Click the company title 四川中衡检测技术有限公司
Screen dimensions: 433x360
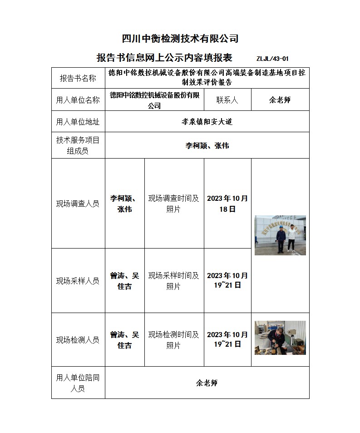pyautogui.click(x=180, y=39)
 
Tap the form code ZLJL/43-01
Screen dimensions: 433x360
pyautogui.click(x=272, y=59)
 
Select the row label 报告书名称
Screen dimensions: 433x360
pyautogui.click(x=78, y=78)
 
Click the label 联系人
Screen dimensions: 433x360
pyautogui.click(x=227, y=100)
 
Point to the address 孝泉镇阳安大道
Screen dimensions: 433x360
pyautogui.click(x=207, y=122)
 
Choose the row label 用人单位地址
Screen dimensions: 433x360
pyautogui.click(x=78, y=122)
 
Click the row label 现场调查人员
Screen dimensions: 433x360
pyautogui.click(x=78, y=204)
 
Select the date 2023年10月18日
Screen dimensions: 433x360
pyautogui.click(x=227, y=204)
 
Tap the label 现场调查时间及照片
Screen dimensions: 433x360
pyautogui.click(x=174, y=204)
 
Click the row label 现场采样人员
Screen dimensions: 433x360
pyautogui.click(x=78, y=281)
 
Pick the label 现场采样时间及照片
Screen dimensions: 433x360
pyautogui.click(x=174, y=281)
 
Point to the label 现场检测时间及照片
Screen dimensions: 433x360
pyautogui.click(x=174, y=340)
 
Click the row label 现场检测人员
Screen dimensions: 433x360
pyautogui.click(x=78, y=340)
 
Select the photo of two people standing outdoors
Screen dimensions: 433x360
pyautogui.click(x=280, y=235)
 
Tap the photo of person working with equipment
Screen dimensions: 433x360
pyautogui.click(x=280, y=337)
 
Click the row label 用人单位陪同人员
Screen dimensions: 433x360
pyautogui.click(x=78, y=383)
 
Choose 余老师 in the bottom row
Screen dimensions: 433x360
pyautogui.click(x=207, y=383)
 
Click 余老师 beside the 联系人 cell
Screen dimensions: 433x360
pyautogui.click(x=280, y=100)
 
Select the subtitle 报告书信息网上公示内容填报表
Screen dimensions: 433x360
pyautogui.click(x=164, y=58)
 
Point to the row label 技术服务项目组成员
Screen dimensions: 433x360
pyautogui.click(x=78, y=145)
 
